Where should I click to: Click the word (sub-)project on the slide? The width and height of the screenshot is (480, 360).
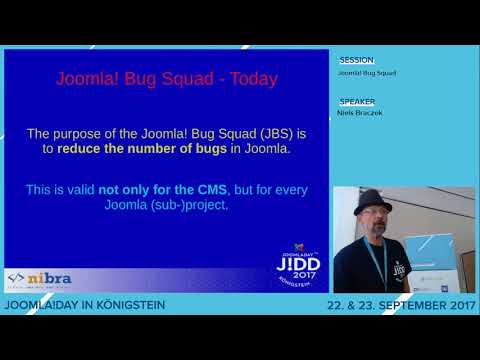point(193,207)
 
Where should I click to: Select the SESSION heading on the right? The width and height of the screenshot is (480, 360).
point(357,59)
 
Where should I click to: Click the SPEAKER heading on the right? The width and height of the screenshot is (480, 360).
point(357,102)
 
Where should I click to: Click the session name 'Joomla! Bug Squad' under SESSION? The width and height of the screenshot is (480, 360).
point(366,73)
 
